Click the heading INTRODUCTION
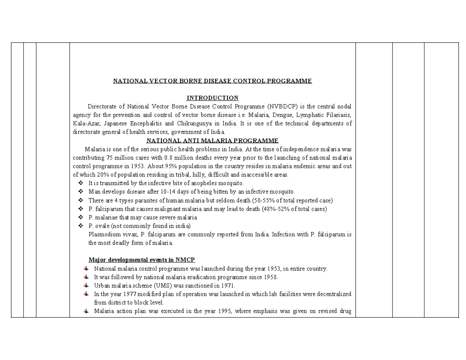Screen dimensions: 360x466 212,98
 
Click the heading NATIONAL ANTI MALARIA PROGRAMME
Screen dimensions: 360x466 212,141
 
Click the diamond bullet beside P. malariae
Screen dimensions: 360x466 81,217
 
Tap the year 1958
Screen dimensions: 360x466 271,277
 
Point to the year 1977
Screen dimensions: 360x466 123,294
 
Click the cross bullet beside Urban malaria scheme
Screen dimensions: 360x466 86,285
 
